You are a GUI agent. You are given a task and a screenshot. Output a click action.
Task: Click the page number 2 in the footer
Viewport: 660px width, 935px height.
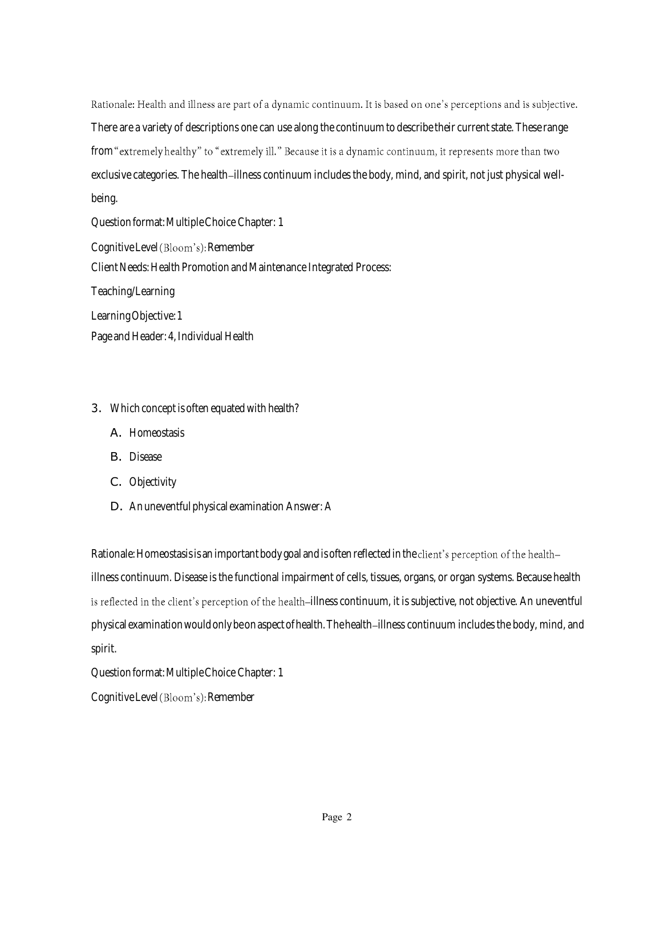click(349, 817)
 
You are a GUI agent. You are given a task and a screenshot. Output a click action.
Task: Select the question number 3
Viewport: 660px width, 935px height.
click(96, 408)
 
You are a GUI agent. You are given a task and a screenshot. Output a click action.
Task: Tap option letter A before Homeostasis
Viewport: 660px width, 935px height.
click(116, 433)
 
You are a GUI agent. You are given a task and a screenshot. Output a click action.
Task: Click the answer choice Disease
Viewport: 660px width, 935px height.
click(145, 457)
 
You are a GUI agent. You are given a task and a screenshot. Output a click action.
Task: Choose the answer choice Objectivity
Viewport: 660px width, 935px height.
click(152, 482)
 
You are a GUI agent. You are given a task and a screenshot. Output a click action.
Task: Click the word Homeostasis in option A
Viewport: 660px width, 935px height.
click(157, 433)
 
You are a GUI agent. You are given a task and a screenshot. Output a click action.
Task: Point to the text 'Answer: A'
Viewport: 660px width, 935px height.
click(309, 506)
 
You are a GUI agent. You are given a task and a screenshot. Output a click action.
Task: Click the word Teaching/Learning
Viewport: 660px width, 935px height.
click(133, 291)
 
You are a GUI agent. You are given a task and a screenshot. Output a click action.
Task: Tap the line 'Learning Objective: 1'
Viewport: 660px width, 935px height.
click(136, 316)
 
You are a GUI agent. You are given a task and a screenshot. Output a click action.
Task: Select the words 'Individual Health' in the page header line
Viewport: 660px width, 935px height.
click(216, 336)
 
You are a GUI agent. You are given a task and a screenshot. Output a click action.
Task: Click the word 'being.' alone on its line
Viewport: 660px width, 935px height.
click(104, 198)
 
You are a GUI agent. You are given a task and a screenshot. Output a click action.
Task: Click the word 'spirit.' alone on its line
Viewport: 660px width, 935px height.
click(104, 648)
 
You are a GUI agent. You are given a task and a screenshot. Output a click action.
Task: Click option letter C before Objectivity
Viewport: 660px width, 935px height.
click(116, 482)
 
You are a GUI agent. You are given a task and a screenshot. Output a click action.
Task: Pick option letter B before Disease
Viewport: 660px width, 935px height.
click(116, 457)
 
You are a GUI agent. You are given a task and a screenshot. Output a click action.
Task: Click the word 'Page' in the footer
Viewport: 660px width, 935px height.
click(331, 817)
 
